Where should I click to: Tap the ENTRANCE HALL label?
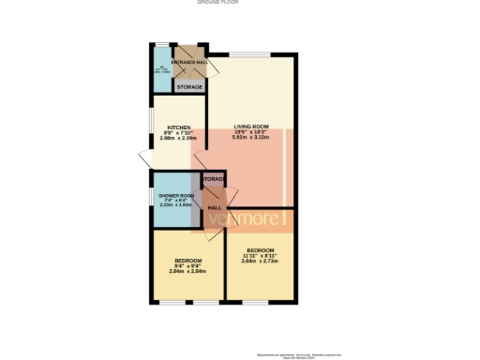point(190,64)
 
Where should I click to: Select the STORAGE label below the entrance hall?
point(189,86)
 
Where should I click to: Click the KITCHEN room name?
point(179,127)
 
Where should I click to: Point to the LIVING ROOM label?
point(251,127)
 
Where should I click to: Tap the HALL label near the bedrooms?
point(214,207)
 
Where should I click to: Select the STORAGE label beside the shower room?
point(214,178)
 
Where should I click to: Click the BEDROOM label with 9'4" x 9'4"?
point(188,260)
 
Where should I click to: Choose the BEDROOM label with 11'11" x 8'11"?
point(260,249)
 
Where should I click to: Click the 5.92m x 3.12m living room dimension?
point(251,138)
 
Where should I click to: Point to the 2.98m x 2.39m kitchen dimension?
point(179,138)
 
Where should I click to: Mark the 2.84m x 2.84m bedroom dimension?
point(188,271)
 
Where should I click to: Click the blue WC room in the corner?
point(161,71)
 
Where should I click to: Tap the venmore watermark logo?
point(246,221)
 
